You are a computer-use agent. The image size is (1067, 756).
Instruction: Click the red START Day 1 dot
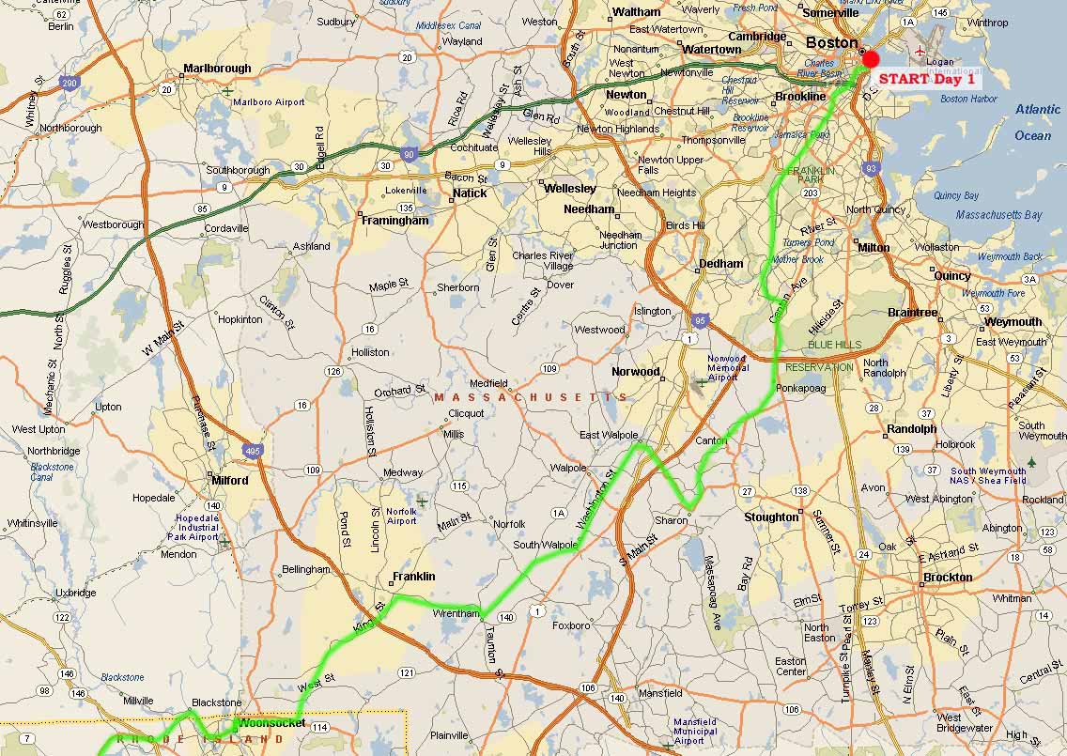click(x=871, y=58)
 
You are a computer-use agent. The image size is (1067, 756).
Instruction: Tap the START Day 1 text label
click(x=928, y=79)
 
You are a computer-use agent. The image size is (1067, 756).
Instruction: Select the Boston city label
click(x=831, y=42)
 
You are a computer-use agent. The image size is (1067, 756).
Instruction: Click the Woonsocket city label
click(x=271, y=723)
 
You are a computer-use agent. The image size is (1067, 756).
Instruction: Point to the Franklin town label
click(x=413, y=577)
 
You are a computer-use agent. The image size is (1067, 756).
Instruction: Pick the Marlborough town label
click(x=217, y=69)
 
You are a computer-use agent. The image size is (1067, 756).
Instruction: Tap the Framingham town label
click(x=394, y=221)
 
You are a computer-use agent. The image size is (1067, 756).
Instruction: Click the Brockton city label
click(x=948, y=577)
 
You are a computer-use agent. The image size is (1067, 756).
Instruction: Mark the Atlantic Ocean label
click(x=1037, y=122)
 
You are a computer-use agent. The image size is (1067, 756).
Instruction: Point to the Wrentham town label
click(x=456, y=613)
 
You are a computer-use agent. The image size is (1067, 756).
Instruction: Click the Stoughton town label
click(x=771, y=517)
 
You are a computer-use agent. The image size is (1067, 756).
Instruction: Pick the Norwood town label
click(x=636, y=372)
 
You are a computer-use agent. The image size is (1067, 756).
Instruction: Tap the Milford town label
click(x=229, y=480)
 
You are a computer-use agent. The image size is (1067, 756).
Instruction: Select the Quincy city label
click(x=951, y=276)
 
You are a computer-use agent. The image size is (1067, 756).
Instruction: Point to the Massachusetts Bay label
click(x=998, y=215)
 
